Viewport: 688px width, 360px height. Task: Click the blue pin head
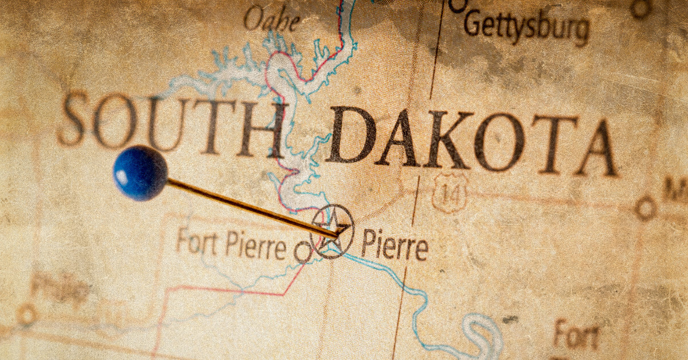140,173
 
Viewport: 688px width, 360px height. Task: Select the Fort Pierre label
230,245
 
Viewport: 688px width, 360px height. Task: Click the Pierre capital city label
394,247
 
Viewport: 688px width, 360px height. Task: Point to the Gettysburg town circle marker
458,5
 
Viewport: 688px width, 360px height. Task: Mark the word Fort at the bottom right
575,335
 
